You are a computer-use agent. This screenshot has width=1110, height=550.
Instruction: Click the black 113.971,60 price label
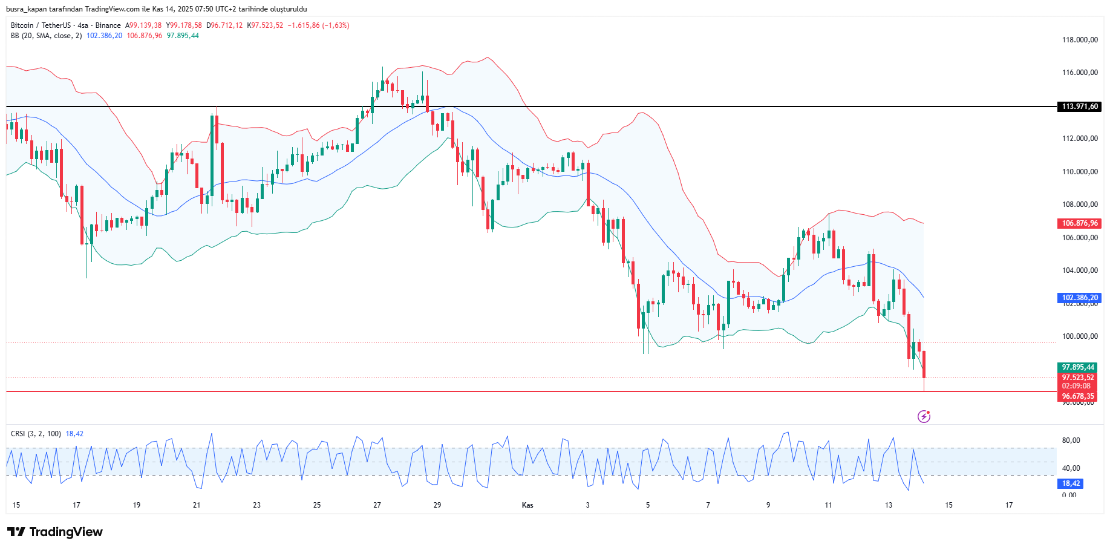pos(1080,106)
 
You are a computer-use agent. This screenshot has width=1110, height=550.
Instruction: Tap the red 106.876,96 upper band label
pos(1080,223)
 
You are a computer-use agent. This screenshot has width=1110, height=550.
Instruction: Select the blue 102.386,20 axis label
pos(1080,298)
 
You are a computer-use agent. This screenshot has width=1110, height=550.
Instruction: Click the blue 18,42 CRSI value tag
pos(1071,483)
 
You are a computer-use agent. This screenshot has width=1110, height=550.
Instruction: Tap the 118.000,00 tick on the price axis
pos(1080,40)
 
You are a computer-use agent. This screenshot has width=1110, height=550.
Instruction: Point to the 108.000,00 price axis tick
pos(1080,205)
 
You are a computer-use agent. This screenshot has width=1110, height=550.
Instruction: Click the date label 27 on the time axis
pos(377,505)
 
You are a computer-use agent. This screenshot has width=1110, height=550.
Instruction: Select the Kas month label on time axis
pos(527,505)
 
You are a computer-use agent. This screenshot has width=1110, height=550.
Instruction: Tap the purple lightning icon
pos(924,416)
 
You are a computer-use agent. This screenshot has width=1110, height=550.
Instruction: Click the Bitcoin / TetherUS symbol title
pos(41,25)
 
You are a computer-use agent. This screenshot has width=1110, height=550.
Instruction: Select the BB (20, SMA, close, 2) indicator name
pos(46,36)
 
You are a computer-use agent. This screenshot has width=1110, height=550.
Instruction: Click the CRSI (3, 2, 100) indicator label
pos(36,434)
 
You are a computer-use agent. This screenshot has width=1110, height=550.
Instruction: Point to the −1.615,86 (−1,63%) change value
pos(318,25)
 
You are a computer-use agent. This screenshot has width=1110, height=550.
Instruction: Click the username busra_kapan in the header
pos(27,9)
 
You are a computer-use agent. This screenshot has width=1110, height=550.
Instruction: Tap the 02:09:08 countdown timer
pos(1077,386)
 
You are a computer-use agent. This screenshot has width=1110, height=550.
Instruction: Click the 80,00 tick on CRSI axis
pos(1071,440)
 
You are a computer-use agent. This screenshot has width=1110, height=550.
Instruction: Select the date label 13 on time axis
pos(888,505)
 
